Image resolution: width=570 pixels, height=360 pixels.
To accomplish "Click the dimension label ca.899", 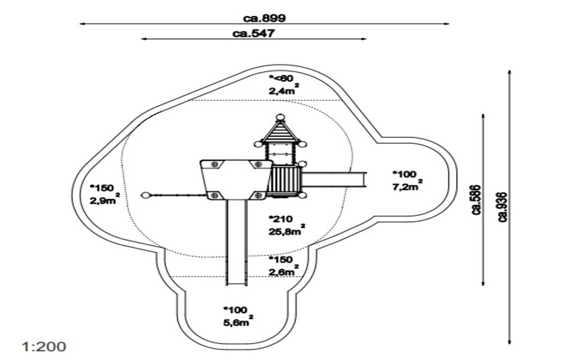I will [265, 18].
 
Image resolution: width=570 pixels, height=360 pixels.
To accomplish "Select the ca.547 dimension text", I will [253, 34].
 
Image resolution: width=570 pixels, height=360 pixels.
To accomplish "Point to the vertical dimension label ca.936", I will [503, 207].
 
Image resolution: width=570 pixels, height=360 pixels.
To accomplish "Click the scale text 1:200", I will [44, 347].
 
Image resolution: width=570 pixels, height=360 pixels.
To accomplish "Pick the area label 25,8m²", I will [285, 232].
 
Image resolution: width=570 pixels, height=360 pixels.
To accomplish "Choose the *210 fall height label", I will [280, 218].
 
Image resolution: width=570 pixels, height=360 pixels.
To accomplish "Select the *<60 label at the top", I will [281, 79].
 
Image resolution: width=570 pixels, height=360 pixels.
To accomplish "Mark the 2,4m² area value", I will [283, 91].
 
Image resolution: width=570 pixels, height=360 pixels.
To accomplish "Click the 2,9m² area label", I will [103, 200].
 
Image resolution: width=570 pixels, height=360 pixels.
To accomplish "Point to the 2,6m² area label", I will [283, 273].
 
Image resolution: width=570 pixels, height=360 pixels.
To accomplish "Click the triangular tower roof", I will [280, 131].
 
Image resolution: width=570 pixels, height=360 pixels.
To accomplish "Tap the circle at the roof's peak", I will [280, 118].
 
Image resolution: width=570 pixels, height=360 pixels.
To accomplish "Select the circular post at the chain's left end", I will [145, 195].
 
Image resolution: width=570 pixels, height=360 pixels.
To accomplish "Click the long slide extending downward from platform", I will [236, 240].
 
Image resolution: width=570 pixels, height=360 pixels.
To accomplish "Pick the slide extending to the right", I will [333, 178].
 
